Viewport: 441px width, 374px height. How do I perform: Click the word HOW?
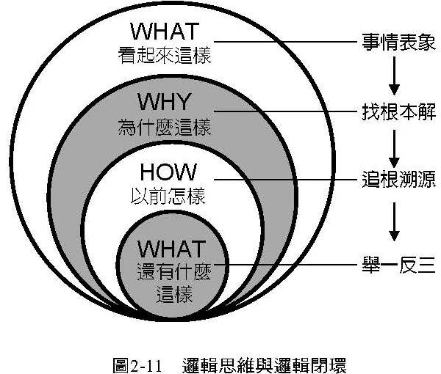(168, 173)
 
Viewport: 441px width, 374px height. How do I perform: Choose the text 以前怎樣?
(168, 196)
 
